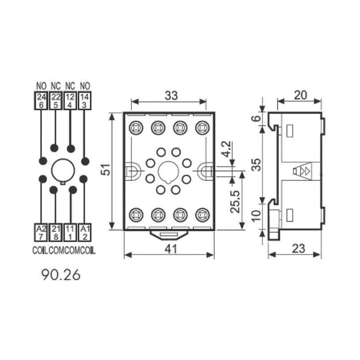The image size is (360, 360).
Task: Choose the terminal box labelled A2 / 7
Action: [x=41, y=232]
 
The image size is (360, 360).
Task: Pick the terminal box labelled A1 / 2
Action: [x=84, y=232]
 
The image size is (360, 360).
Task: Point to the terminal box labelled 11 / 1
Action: [x=70, y=232]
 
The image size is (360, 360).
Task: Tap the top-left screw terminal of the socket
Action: [x=136, y=127]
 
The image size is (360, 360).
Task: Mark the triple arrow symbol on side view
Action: [x=302, y=171]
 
